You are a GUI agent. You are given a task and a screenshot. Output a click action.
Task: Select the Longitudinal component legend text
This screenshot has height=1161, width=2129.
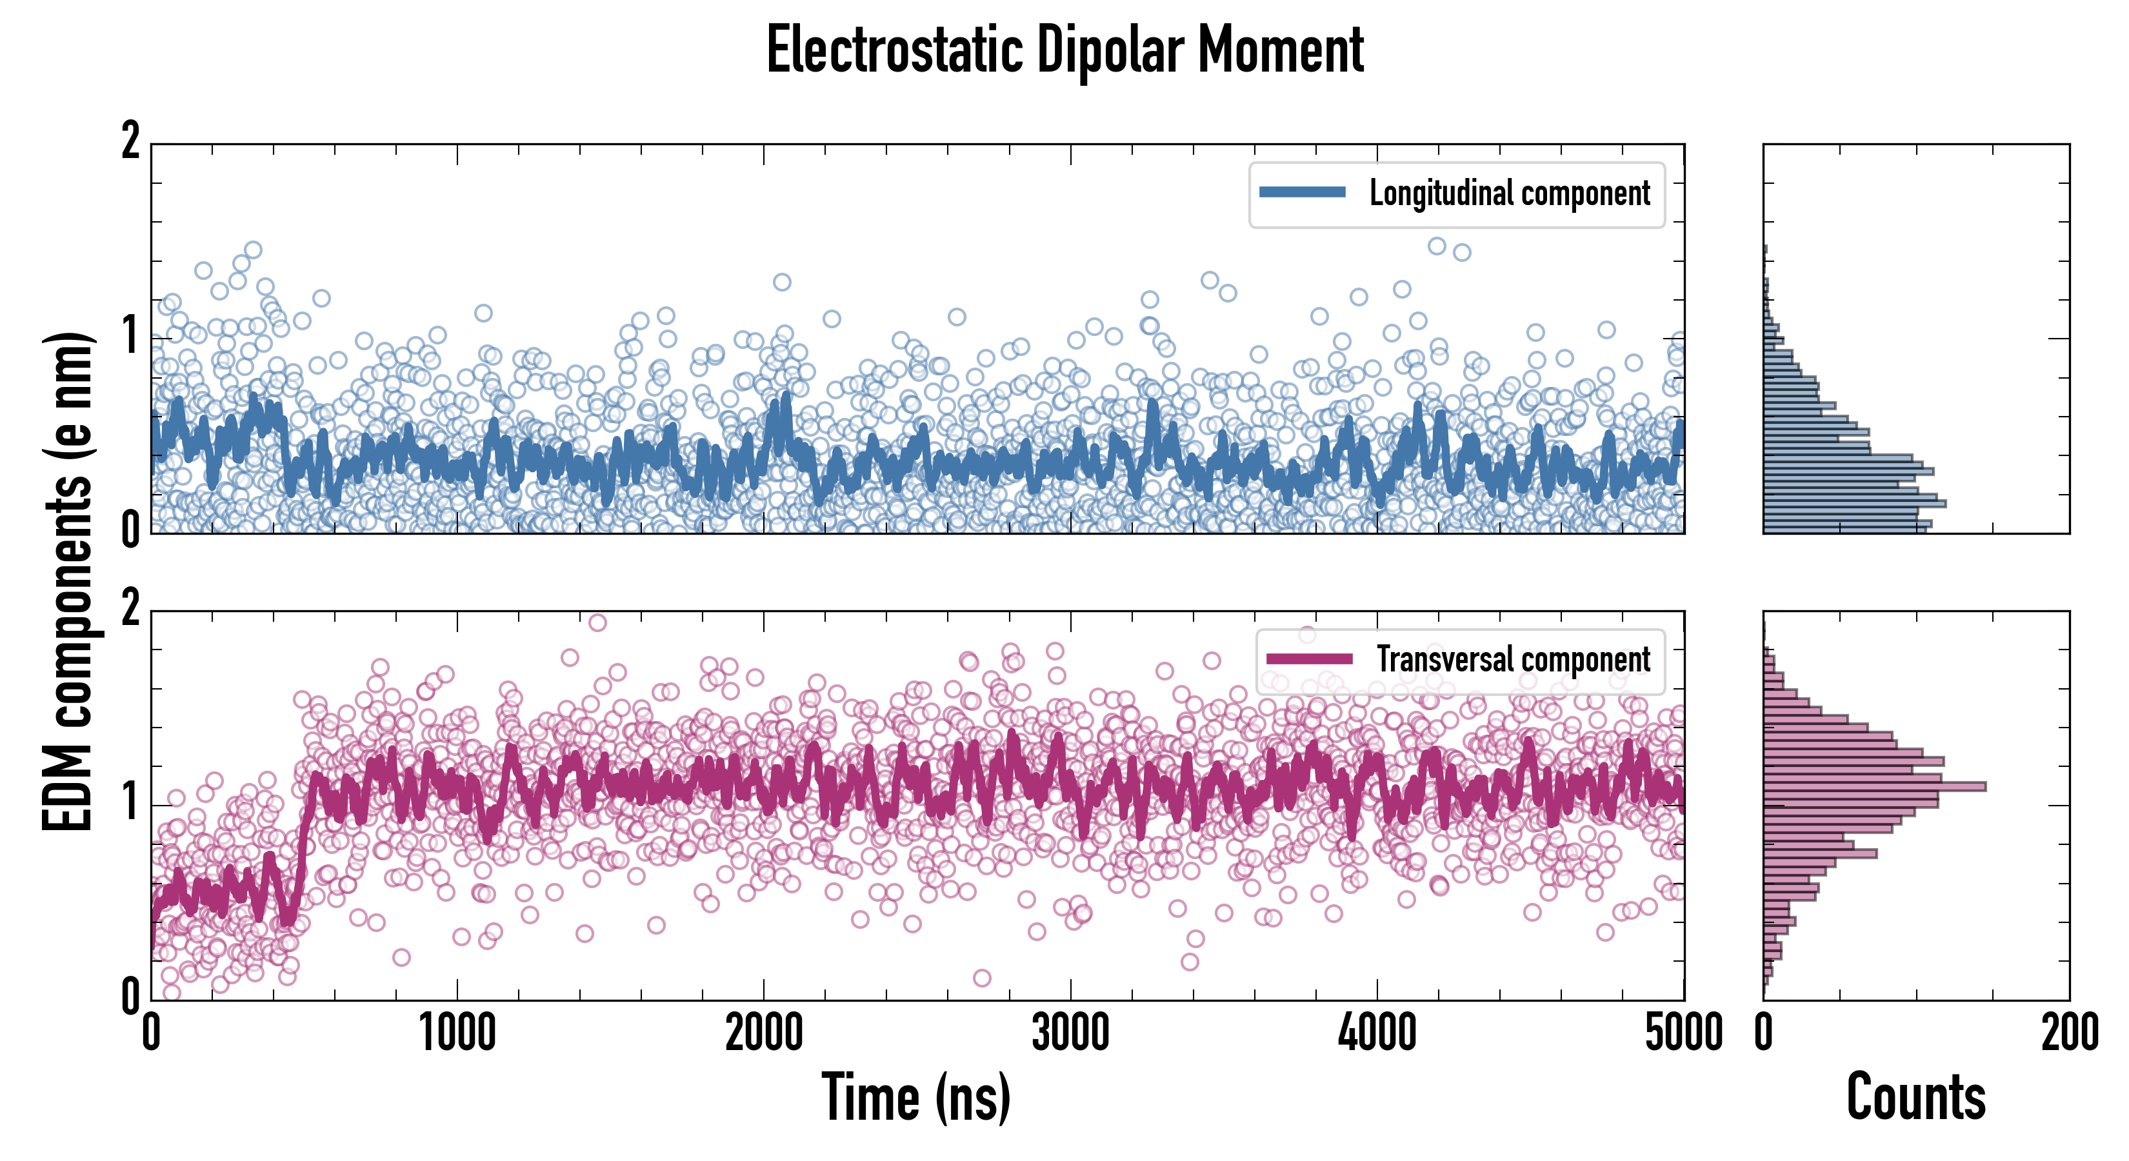point(1509,193)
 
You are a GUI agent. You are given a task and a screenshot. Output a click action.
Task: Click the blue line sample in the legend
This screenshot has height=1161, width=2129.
point(1302,193)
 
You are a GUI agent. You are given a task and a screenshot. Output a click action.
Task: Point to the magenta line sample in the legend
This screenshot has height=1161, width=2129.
point(1309,659)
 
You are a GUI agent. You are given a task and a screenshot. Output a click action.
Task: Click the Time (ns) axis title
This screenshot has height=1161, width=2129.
point(915,1097)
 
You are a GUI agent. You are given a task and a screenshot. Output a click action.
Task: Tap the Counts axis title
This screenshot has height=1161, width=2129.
point(1915,1097)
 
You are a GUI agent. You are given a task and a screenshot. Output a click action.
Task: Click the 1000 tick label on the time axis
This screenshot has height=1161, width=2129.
point(457,1034)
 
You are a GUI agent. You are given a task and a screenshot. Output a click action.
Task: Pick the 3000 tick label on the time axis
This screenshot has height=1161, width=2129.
point(1070,1034)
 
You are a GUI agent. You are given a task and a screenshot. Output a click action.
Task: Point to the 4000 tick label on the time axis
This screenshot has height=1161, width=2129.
point(1377,1034)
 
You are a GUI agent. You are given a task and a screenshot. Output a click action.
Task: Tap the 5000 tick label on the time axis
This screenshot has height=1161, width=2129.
point(1683,1034)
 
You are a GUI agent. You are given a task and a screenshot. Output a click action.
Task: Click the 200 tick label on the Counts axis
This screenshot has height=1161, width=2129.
point(2068,1034)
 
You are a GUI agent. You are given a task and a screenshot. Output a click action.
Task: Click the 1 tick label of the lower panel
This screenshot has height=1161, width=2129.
point(130,802)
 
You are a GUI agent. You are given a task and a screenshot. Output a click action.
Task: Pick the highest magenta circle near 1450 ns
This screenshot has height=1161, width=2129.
point(597,622)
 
